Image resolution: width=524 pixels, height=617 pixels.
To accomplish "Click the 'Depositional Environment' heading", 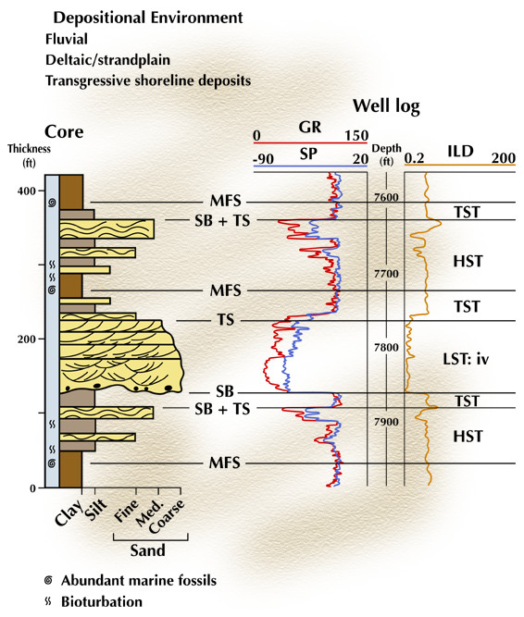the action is coord(148,19).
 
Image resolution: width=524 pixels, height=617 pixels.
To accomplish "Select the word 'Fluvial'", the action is coord(67,39).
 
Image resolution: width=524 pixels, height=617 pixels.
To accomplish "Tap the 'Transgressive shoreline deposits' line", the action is coord(148,80).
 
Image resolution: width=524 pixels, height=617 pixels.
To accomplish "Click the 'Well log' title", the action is coord(386,106).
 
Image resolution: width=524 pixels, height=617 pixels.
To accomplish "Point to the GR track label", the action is coord(310,127).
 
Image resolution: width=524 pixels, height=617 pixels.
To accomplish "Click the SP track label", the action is coord(308,154).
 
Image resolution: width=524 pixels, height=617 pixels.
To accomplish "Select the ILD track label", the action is coord(460,151).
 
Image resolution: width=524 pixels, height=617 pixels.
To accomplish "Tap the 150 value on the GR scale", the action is coord(356,136).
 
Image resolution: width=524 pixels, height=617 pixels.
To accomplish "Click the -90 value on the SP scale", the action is coord(263,159).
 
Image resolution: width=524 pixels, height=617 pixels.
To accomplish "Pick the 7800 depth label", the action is coord(386,348).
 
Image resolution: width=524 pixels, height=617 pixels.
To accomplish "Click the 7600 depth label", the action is coord(386,198).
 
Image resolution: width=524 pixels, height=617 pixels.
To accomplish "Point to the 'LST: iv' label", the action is coord(466,359).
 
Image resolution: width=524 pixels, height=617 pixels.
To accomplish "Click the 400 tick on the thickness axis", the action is coord(26,191).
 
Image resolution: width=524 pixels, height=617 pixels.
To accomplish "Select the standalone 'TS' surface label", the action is coord(226,319).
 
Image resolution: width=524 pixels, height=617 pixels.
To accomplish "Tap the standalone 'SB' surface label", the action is coord(225,391).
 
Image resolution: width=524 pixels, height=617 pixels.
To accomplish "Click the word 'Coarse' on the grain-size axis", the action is coord(167,516).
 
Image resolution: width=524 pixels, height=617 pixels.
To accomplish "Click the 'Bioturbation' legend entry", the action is coord(102,602).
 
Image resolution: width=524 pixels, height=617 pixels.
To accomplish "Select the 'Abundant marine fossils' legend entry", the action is coord(139,581).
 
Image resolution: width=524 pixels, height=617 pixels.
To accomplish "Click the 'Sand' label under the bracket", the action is coord(147,550).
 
